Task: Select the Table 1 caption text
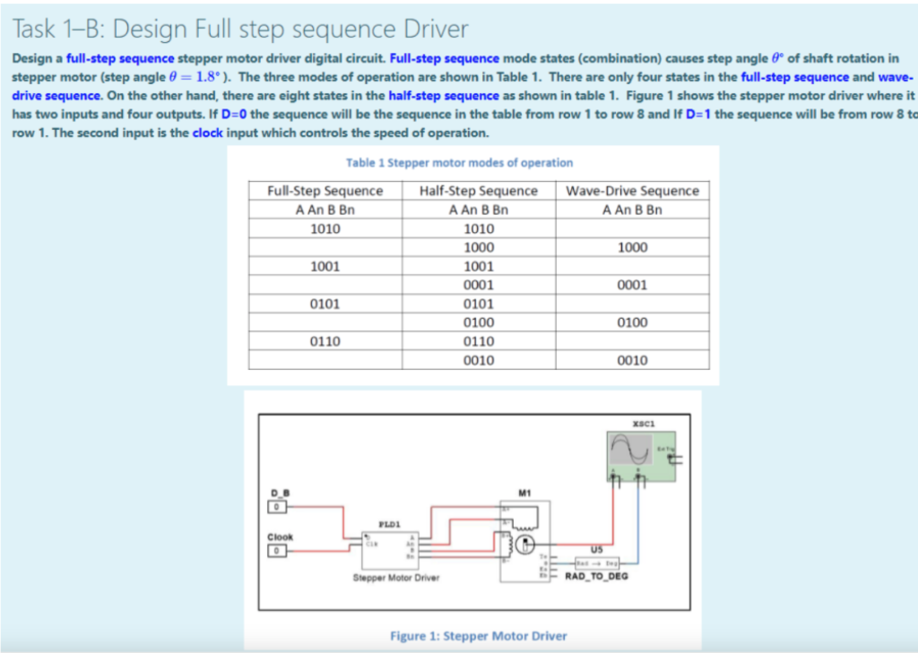(459, 163)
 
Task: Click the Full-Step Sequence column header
(325, 191)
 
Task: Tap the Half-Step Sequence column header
(478, 191)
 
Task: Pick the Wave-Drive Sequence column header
(632, 191)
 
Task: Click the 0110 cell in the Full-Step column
(325, 341)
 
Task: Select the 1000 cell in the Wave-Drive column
(632, 247)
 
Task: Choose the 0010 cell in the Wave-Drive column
(632, 360)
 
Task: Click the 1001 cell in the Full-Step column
(325, 266)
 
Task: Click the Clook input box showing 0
(278, 549)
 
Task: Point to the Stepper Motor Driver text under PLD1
(395, 578)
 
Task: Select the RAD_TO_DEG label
(596, 576)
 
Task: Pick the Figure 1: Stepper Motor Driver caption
(479, 635)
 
